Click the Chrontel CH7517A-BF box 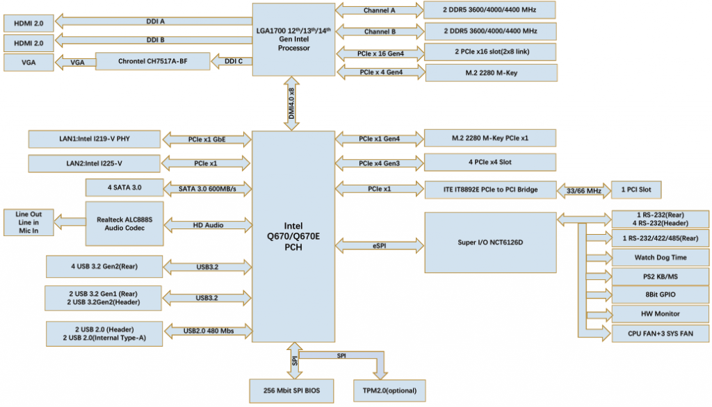152,62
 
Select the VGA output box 29,63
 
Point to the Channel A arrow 379,10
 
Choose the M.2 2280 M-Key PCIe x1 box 489,138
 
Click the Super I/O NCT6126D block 489,242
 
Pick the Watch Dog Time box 660,257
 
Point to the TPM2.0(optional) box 389,390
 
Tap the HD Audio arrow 207,225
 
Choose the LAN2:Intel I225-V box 95,164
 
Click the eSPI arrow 379,245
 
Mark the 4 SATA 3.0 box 124,188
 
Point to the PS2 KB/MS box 660,276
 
